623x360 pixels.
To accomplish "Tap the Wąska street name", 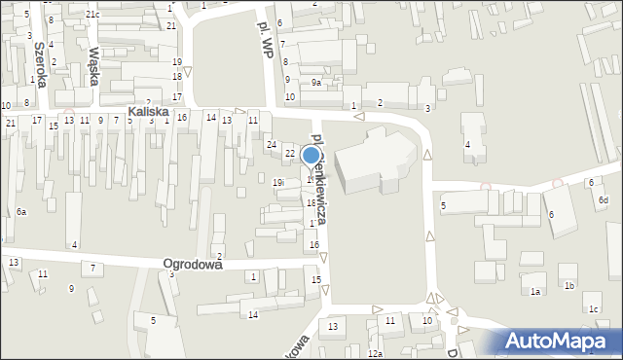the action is pos(94,66).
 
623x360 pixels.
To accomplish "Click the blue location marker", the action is pos(311,155).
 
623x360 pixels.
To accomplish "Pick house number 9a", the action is pos(315,83).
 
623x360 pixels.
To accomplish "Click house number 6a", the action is pos(20,211).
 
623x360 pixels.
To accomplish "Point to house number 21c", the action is pos(92,15).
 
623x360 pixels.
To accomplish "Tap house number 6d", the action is pos(604,199).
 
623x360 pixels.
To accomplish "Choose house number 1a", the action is pos(534,291).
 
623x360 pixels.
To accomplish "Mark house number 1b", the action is pos(569,285).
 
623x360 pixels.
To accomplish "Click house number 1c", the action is pos(593,309).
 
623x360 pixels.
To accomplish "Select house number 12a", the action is pos(375,354).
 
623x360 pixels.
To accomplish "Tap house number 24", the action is pos(272,144).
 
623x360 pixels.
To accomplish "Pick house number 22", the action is pos(289,153).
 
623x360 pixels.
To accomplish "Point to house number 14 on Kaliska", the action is pos(210,117).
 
